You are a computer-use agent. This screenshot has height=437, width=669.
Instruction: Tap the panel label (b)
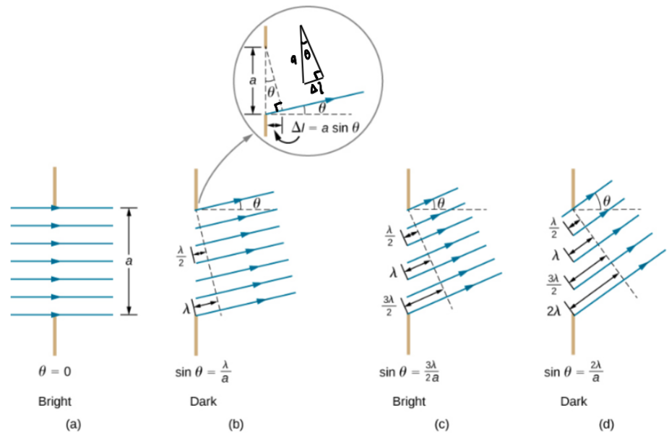(x=236, y=425)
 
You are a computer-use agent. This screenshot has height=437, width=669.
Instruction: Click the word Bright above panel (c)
(x=409, y=400)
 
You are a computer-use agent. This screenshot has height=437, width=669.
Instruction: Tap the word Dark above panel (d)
(x=573, y=400)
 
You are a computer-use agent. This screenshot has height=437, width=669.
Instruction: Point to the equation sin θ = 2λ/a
(x=574, y=373)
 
